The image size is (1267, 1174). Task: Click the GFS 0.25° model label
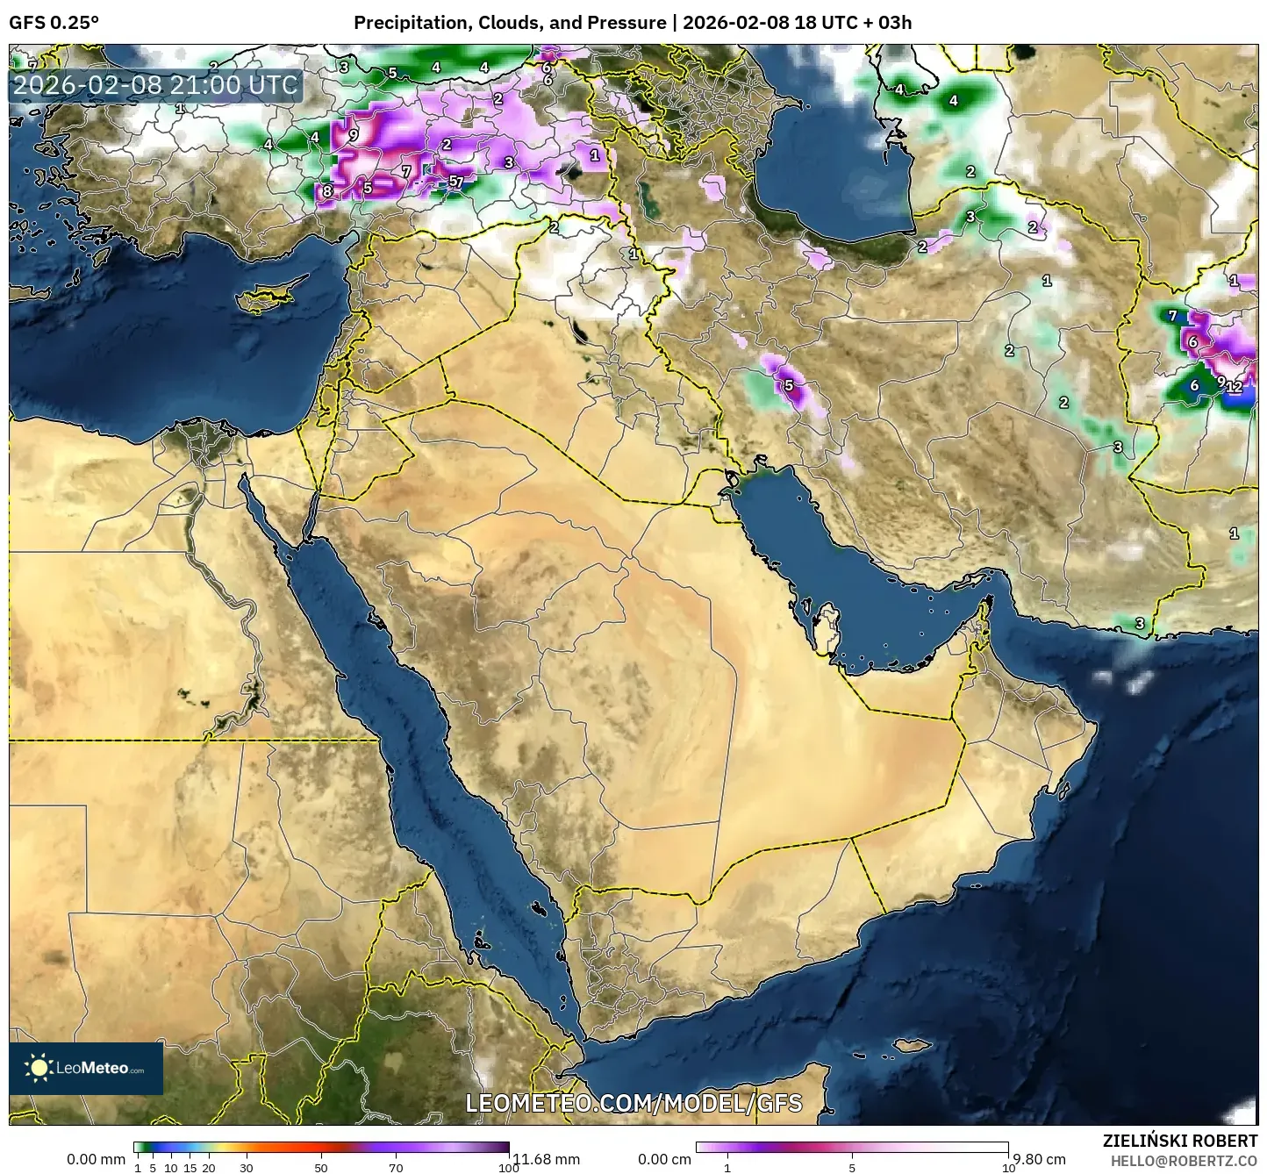pos(54,23)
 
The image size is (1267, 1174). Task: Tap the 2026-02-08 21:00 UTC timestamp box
pos(156,85)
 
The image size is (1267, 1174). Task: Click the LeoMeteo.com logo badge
pos(86,1068)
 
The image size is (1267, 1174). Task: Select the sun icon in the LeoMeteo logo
pos(39,1068)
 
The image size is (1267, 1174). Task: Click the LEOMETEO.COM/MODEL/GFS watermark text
pos(633,1103)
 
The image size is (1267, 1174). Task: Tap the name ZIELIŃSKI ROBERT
pos(1180,1141)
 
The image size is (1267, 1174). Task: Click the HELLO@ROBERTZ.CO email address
pos(1185,1160)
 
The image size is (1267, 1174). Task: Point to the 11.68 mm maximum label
pos(546,1159)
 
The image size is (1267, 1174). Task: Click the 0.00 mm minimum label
pos(96,1159)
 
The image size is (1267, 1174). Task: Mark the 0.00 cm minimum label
pos(664,1159)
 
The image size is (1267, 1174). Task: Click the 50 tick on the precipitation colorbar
pos(321,1168)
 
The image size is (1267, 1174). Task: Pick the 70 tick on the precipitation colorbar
pos(396,1168)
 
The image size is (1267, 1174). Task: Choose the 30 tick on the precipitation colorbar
pos(247,1168)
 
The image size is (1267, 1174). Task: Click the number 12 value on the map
pos(1235,386)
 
